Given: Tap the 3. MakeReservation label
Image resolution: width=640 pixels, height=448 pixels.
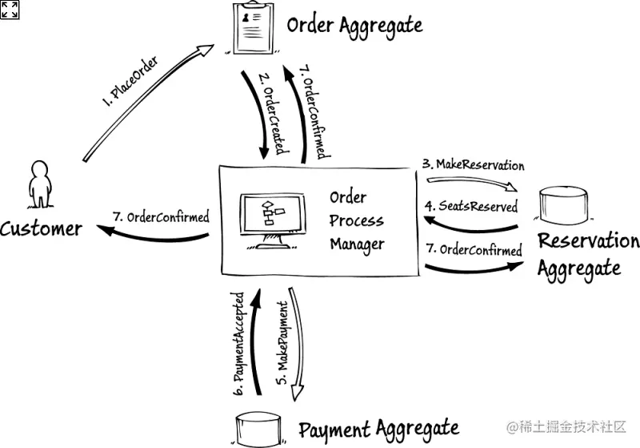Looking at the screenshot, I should pyautogui.click(x=474, y=165).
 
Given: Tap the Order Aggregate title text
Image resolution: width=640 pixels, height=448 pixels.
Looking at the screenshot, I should pyautogui.click(x=354, y=26).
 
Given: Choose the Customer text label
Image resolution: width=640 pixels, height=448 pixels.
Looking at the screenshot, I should pyautogui.click(x=42, y=229).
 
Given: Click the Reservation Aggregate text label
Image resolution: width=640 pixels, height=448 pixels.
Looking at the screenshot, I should pyautogui.click(x=588, y=254).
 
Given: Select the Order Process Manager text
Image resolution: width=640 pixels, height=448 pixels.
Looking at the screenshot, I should pyautogui.click(x=357, y=220).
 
